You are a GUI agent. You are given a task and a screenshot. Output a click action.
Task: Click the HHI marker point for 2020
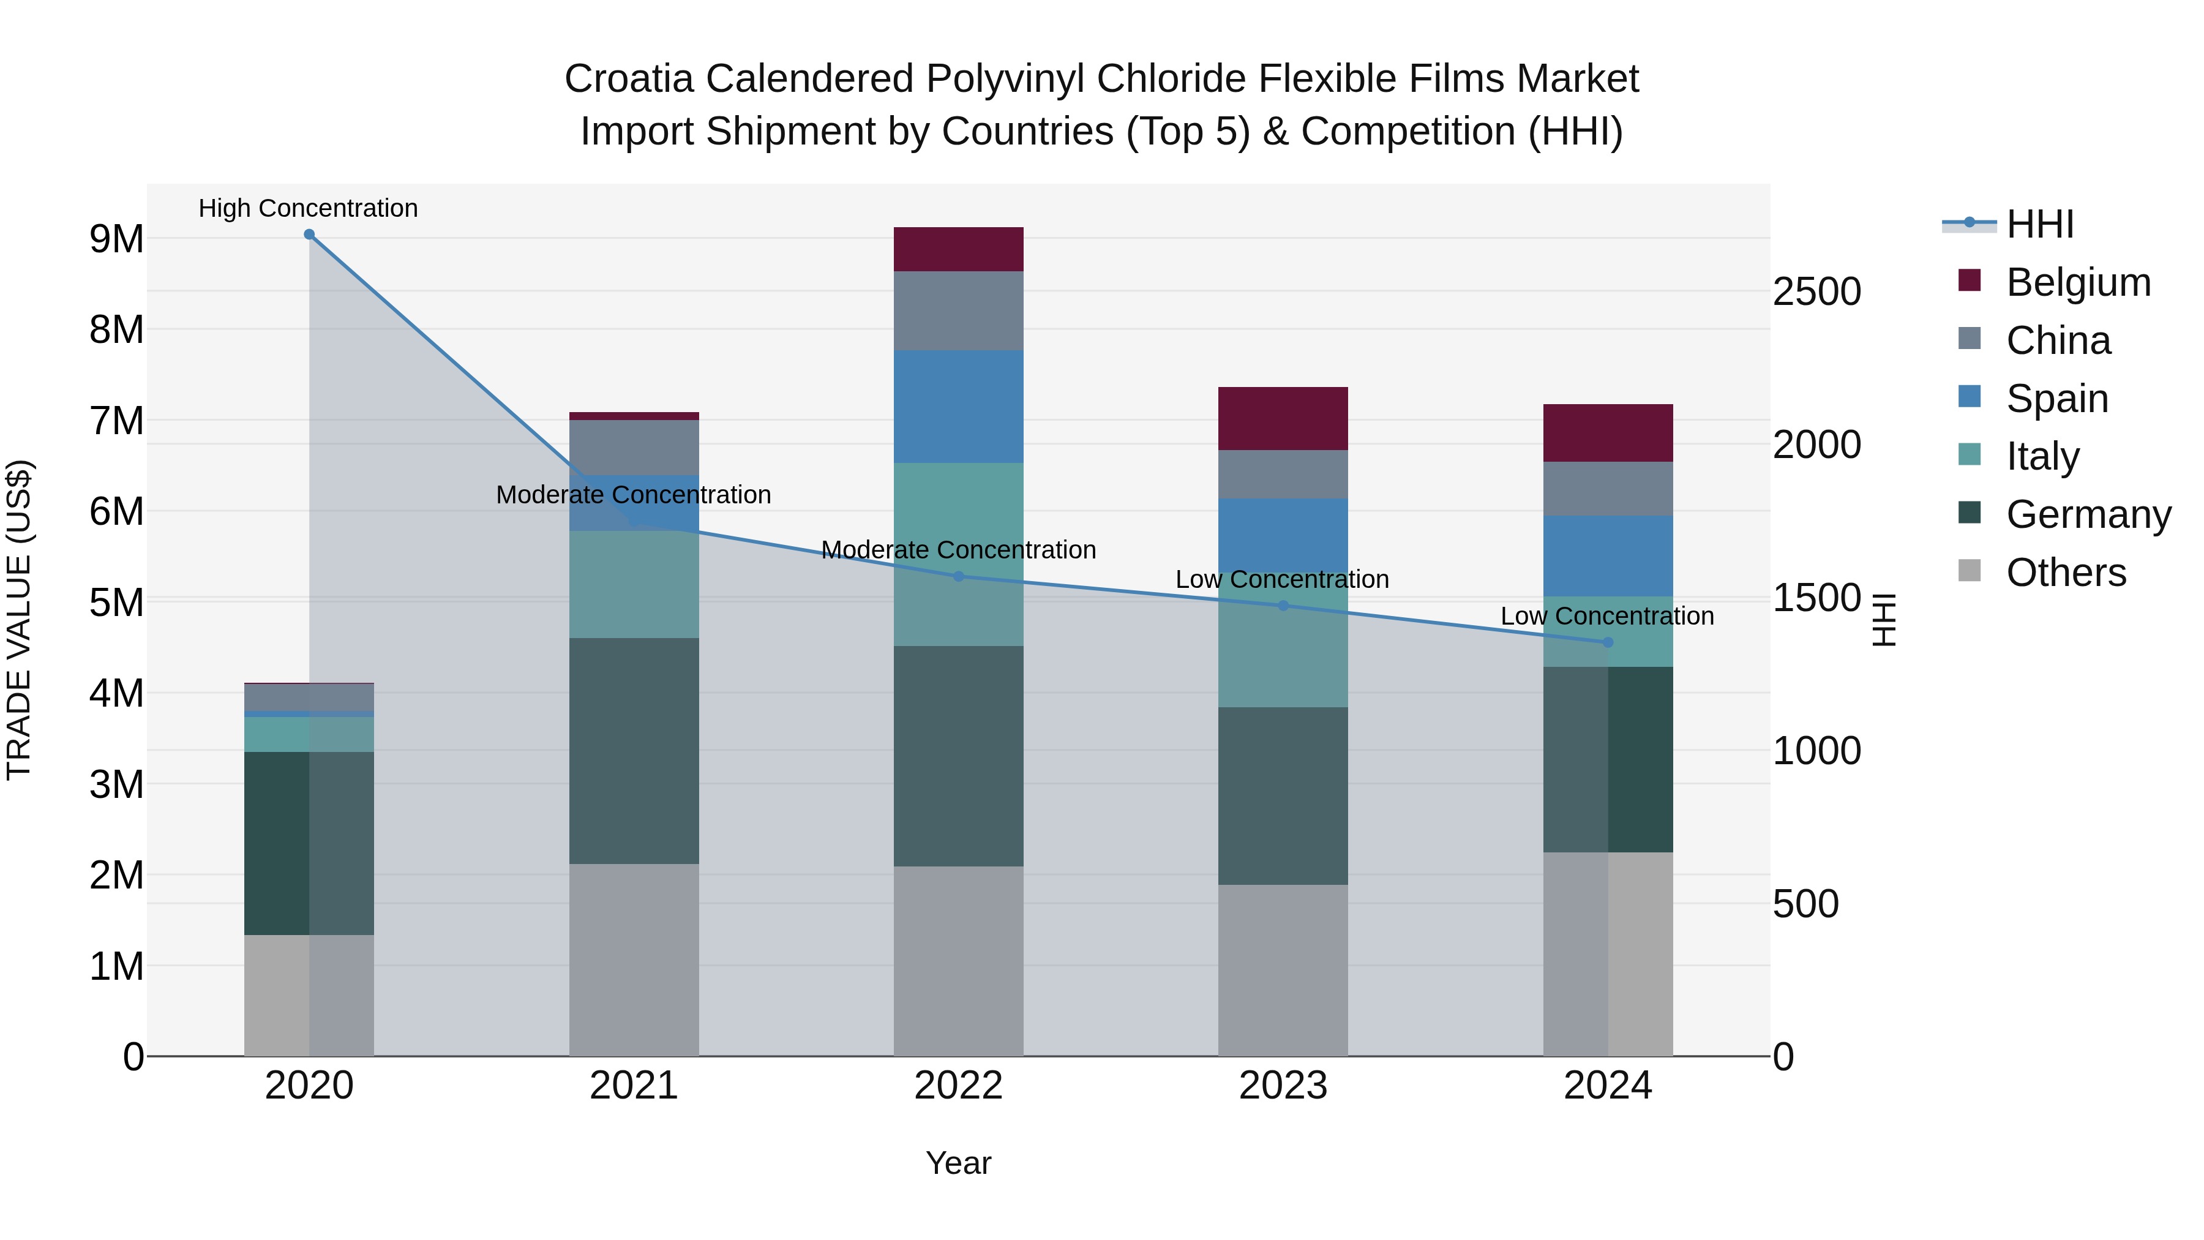coord(309,235)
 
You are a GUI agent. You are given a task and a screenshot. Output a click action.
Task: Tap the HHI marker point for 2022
coord(958,576)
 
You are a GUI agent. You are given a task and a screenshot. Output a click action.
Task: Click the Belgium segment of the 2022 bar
coord(958,249)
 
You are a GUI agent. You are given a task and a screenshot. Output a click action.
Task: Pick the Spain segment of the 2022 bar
coord(958,407)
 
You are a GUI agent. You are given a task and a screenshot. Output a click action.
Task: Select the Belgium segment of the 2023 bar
coord(1283,418)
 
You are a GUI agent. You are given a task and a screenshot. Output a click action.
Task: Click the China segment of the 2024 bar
coord(1608,489)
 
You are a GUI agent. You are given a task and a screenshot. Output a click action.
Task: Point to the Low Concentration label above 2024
coord(1607,616)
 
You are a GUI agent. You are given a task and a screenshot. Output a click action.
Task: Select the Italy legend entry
coord(2042,456)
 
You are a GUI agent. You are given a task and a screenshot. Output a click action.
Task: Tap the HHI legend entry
coord(2040,224)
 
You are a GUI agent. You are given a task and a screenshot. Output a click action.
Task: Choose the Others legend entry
coord(2066,573)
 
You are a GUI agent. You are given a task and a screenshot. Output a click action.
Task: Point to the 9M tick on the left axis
coord(116,239)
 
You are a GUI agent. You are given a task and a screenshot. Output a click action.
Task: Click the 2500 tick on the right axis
coord(1816,292)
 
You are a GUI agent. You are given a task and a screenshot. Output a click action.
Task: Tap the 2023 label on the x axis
coord(1283,1086)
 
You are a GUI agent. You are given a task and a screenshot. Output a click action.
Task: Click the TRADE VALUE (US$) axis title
coord(19,620)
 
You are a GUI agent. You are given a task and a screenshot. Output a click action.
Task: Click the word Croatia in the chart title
coord(628,79)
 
